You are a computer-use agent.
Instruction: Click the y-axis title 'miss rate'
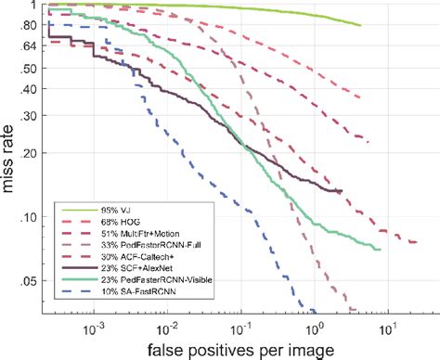[12, 160]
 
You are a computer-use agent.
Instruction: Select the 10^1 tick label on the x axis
[388, 326]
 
